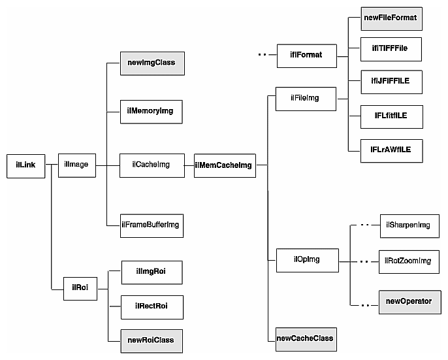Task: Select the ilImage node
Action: coord(76,165)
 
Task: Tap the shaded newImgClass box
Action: coord(151,64)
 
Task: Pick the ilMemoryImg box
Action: coord(151,112)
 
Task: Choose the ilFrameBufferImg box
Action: coord(151,225)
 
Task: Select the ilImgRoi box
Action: coord(151,272)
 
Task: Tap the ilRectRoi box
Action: coord(151,306)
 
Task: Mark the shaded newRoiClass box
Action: coord(151,340)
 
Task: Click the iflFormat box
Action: coord(306,54)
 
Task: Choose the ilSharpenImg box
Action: coord(409,225)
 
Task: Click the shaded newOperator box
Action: coord(409,301)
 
